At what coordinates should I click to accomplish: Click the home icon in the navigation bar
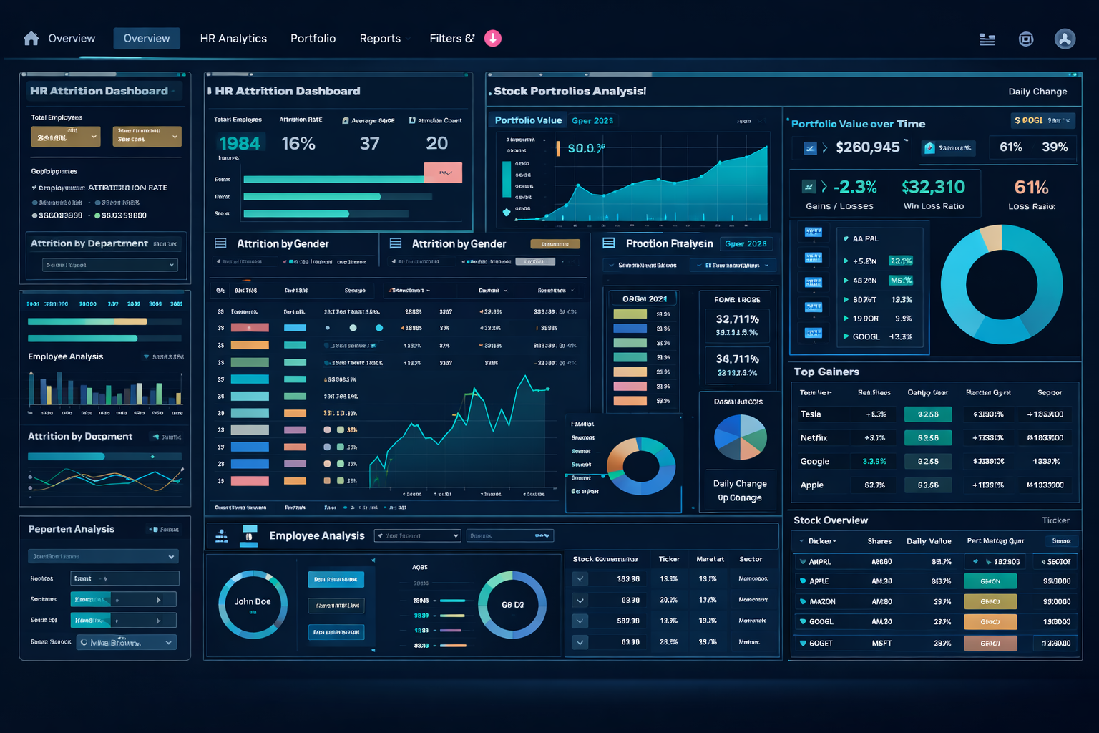[x=31, y=39]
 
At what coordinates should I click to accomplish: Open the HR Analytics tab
[x=233, y=39]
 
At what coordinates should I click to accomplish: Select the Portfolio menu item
[x=313, y=39]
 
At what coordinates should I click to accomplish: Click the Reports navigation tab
[x=380, y=39]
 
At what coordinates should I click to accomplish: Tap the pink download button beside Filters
[x=493, y=39]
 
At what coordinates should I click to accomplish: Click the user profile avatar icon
[x=1065, y=39]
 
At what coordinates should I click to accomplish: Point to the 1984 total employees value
[x=240, y=144]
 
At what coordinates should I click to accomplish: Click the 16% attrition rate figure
[x=298, y=144]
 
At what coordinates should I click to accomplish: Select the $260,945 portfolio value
[x=867, y=147]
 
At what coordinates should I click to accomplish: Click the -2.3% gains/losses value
[x=855, y=188]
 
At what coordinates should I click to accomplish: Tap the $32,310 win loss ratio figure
[x=934, y=188]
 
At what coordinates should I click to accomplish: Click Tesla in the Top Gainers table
[x=811, y=414]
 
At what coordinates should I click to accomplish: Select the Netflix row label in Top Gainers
[x=814, y=438]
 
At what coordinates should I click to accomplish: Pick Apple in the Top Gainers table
[x=812, y=485]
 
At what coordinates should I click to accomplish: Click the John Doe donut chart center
[x=253, y=603]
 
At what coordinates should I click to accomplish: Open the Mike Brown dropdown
[x=127, y=643]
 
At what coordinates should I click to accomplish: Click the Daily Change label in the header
[x=1037, y=92]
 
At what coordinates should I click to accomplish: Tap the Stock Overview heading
[x=831, y=520]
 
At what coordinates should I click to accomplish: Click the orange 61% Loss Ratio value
[x=1031, y=188]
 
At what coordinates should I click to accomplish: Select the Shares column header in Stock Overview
[x=879, y=541]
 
